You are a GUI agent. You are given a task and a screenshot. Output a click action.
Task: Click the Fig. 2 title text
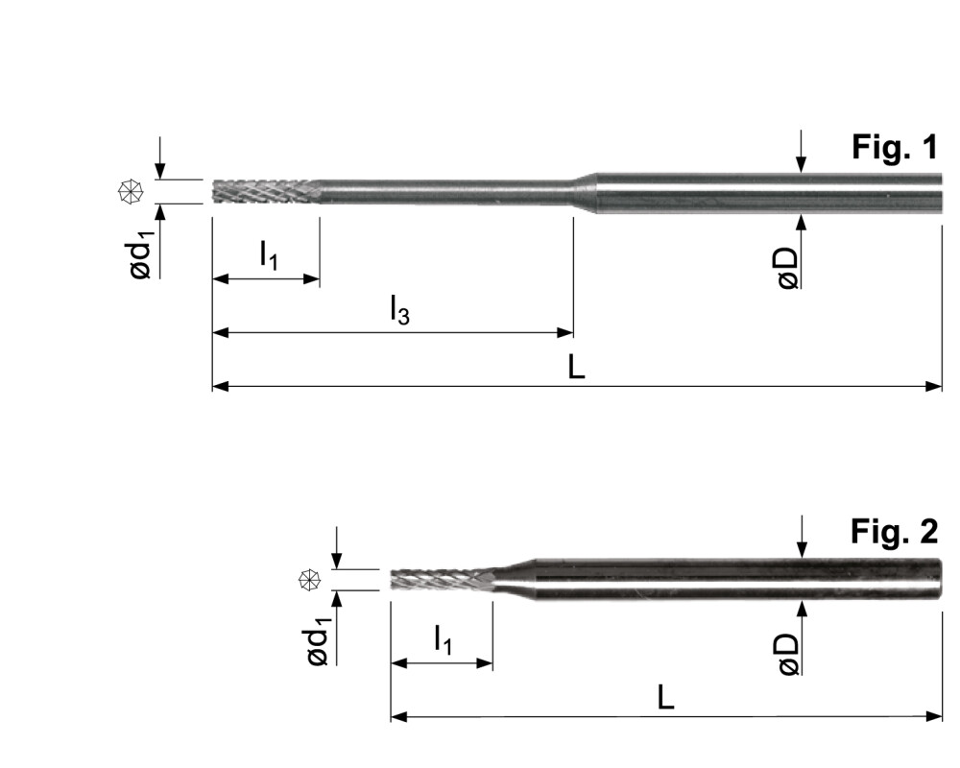pos(893,530)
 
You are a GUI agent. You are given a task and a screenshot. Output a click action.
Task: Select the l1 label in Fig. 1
pos(269,255)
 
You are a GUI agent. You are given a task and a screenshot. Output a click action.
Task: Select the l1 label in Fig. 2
pos(443,638)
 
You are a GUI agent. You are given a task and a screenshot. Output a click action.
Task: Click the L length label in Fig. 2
pos(665,698)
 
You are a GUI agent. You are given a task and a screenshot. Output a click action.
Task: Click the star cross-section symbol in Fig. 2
pos(308,579)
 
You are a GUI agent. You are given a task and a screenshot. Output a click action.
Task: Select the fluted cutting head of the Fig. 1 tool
pos(264,191)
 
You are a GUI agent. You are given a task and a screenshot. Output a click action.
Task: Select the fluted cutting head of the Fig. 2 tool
pos(440,579)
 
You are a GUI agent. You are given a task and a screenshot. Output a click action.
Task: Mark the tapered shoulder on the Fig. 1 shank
pos(584,190)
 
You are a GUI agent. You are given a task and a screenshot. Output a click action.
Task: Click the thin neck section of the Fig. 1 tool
pos(442,190)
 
